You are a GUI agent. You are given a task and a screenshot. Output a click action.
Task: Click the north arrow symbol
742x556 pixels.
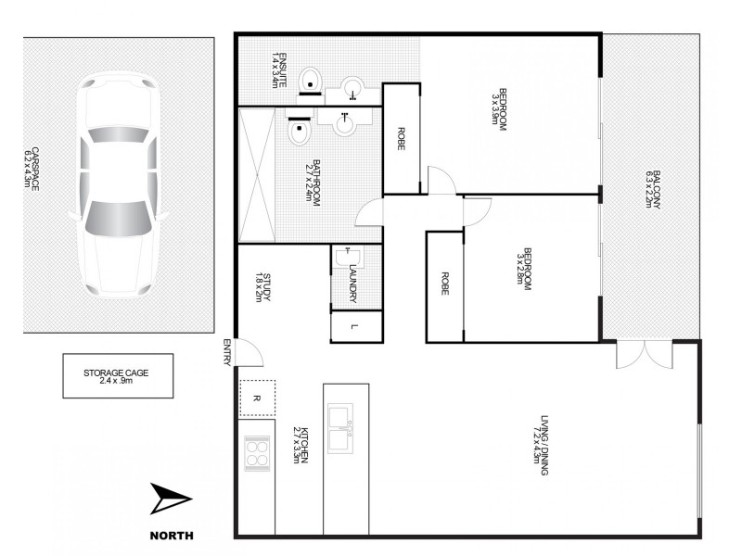[171, 500]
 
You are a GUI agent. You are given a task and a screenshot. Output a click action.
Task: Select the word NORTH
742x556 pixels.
[171, 536]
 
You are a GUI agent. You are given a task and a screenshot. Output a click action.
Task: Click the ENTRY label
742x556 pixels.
[226, 353]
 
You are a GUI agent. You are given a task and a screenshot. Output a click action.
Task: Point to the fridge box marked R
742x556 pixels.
[257, 398]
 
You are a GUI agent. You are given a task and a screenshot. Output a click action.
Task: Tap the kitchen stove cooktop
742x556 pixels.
[257, 453]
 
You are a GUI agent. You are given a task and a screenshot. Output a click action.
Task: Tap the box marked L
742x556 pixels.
[355, 326]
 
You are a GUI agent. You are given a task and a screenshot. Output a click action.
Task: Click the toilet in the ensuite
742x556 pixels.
[312, 80]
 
